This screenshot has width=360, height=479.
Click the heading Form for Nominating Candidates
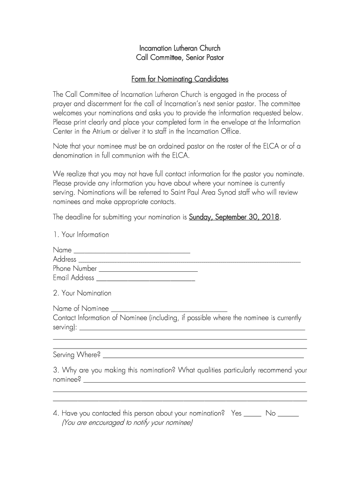[180, 79]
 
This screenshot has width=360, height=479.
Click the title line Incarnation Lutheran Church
[180, 48]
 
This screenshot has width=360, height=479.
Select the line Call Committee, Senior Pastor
[180, 58]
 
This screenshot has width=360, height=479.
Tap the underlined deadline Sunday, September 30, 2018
[234, 217]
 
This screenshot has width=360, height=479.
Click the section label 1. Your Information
[81, 235]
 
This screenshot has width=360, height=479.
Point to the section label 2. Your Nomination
[82, 293]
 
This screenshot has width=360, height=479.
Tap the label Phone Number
[75, 269]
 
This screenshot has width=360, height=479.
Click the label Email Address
[73, 278]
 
